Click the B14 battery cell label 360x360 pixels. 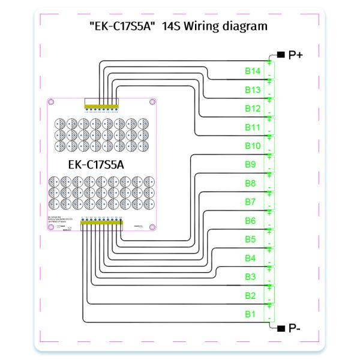pyautogui.click(x=252, y=71)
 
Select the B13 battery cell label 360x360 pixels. pyautogui.click(x=252, y=90)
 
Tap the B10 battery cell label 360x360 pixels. pyautogui.click(x=252, y=146)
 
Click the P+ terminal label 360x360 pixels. pyautogui.click(x=296, y=55)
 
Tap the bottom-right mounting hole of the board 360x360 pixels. pyautogui.click(x=152, y=227)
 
